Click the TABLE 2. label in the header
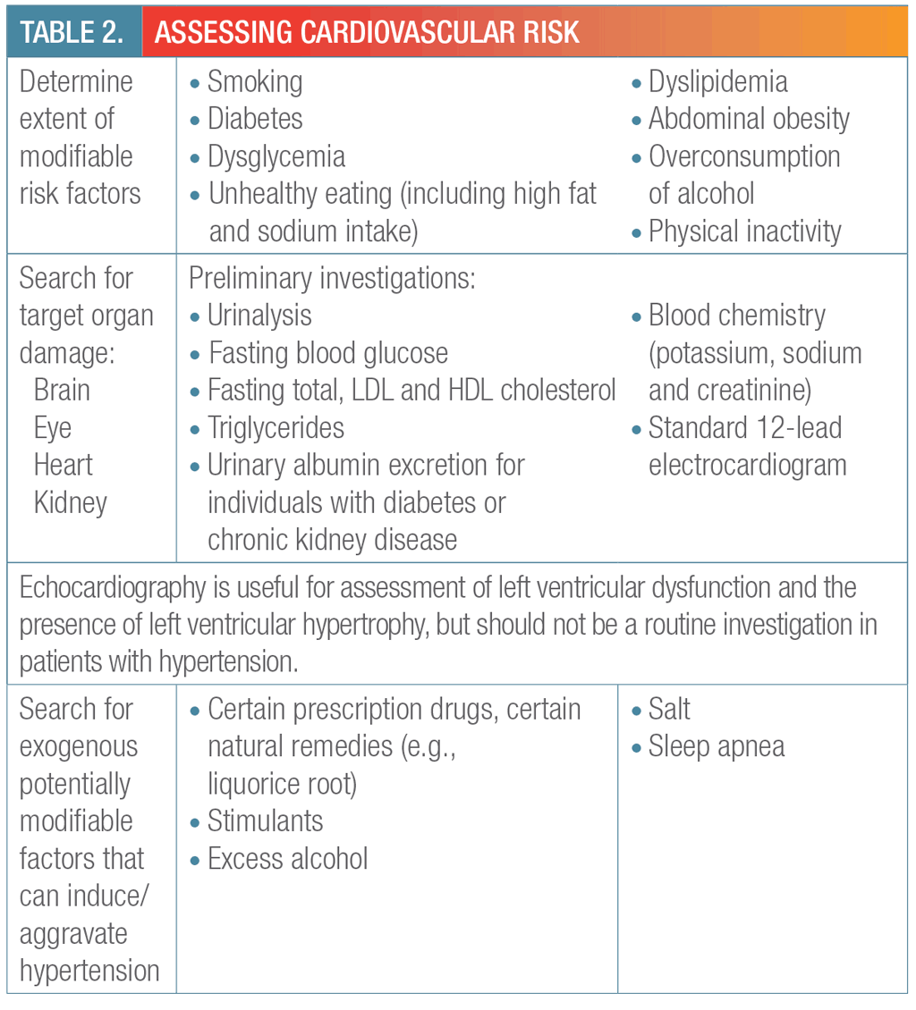72,32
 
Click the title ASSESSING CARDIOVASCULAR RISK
367,32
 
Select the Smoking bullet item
255,82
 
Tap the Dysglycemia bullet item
276,156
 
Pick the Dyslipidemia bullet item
717,82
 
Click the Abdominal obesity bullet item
749,119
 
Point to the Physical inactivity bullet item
744,231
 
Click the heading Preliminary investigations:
331,278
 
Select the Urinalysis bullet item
259,316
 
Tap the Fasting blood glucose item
327,353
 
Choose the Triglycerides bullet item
276,427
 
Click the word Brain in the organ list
62,391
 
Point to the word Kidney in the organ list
70,502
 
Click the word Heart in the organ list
63,465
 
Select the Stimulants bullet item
265,821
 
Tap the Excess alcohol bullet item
287,859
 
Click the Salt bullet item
669,710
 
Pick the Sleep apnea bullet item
716,747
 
